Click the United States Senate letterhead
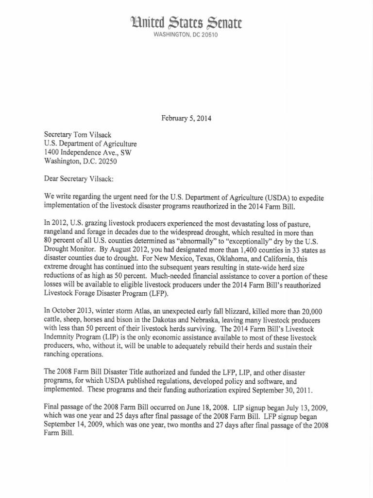(186, 23)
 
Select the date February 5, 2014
(186, 118)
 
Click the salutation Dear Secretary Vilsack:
(79, 178)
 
